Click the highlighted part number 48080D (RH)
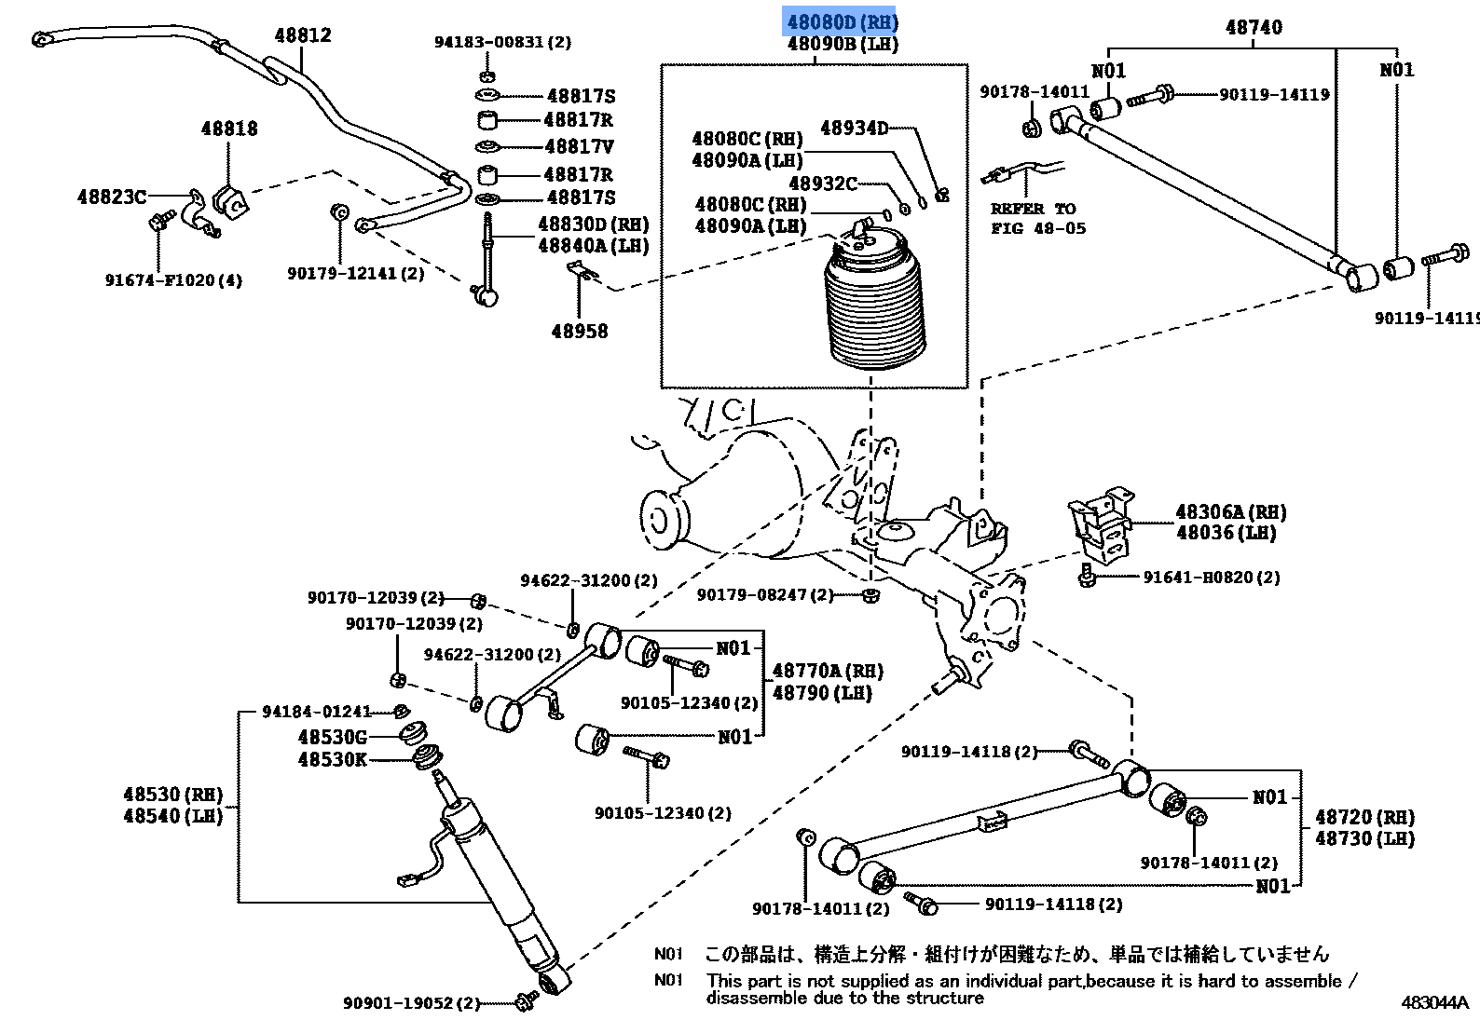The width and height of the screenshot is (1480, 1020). click(x=841, y=21)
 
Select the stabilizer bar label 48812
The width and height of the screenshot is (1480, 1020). click(x=303, y=35)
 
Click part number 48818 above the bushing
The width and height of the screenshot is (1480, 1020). click(x=229, y=129)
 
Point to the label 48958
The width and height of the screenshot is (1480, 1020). click(x=579, y=332)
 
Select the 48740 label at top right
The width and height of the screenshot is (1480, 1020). click(x=1254, y=28)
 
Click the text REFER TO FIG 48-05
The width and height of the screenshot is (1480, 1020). click(x=1037, y=219)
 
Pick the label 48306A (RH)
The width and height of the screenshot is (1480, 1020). click(x=1230, y=512)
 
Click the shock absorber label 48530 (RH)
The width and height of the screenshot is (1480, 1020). click(x=173, y=795)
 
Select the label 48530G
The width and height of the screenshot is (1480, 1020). click(x=332, y=737)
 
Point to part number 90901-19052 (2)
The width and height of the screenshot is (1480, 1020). click(x=411, y=1003)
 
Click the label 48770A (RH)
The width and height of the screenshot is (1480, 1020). click(x=828, y=671)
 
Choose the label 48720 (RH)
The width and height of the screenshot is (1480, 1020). click(x=1364, y=817)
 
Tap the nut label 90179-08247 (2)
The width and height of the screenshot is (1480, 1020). click(x=765, y=594)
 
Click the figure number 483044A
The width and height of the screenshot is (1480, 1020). click(x=1434, y=1002)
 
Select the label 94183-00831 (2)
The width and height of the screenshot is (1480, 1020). click(x=502, y=42)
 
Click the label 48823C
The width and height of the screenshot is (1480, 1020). click(x=112, y=197)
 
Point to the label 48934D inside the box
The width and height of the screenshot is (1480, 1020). click(x=855, y=129)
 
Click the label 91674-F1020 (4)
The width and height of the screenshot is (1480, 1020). click(x=173, y=280)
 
